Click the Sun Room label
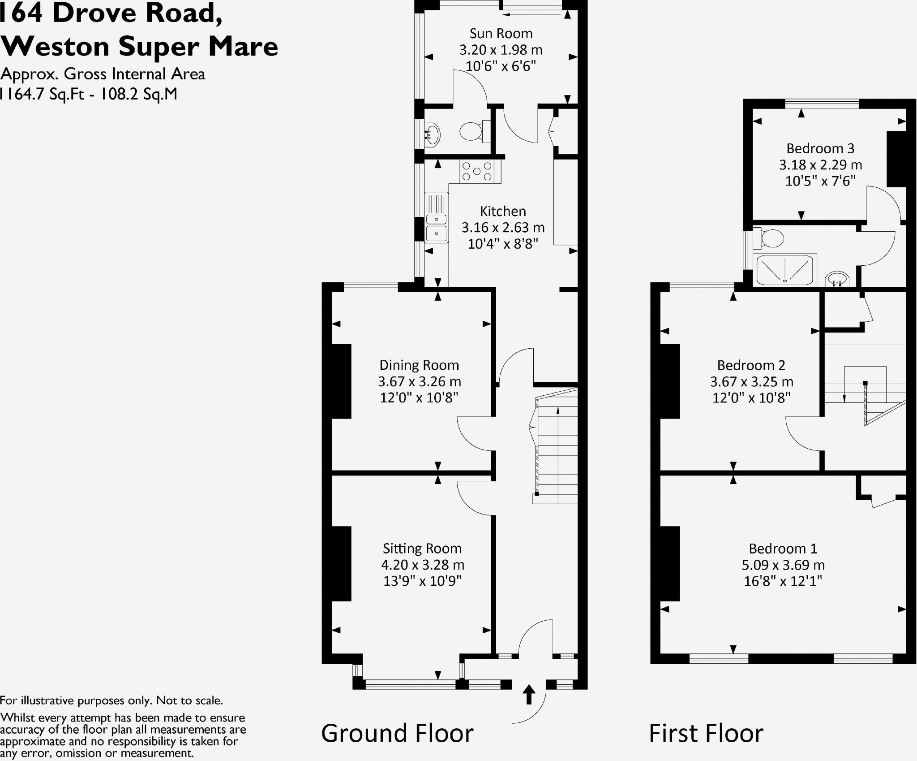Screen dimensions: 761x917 point(501,34)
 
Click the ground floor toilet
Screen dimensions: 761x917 point(471,131)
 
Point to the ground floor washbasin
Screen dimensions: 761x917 point(432,134)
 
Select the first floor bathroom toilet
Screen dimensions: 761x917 point(769,238)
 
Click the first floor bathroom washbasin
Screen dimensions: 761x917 point(837,279)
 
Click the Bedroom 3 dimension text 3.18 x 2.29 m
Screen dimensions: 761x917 point(820,165)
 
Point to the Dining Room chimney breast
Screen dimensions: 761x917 point(341,381)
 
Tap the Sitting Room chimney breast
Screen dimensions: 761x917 point(341,563)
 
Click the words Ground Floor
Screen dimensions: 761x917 point(397,734)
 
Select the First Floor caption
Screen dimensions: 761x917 point(706,734)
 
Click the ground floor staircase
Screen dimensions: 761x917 point(557,453)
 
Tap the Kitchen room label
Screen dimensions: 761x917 point(503,211)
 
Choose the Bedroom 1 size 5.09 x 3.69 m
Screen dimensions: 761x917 point(783,565)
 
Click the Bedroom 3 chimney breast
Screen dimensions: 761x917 point(896,159)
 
